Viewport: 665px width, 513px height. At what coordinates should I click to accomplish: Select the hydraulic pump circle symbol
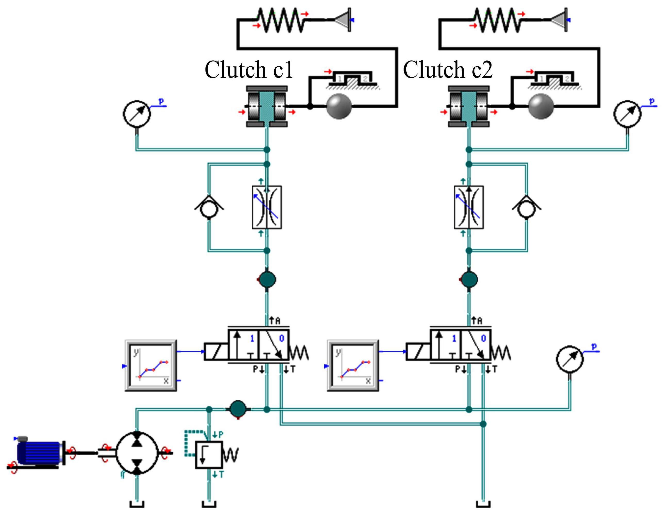pyautogui.click(x=137, y=453)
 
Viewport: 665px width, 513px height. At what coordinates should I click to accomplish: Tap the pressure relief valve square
pyautogui.click(x=209, y=455)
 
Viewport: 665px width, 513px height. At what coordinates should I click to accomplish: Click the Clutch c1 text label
pyautogui.click(x=249, y=69)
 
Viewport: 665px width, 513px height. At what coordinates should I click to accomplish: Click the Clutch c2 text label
pyautogui.click(x=448, y=69)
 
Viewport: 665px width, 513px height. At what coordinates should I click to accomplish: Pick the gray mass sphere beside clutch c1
pyautogui.click(x=339, y=106)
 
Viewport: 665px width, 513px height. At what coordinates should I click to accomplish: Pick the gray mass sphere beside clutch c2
pyautogui.click(x=541, y=106)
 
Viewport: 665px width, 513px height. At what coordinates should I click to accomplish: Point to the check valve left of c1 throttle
pyautogui.click(x=209, y=208)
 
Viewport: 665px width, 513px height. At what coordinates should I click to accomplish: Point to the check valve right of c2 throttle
pyautogui.click(x=527, y=208)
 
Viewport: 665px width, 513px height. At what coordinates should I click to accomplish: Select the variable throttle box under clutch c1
pyautogui.click(x=267, y=207)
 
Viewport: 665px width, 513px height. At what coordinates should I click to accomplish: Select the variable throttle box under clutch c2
pyautogui.click(x=469, y=207)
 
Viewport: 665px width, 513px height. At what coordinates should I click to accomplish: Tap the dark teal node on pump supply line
pyautogui.click(x=238, y=409)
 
